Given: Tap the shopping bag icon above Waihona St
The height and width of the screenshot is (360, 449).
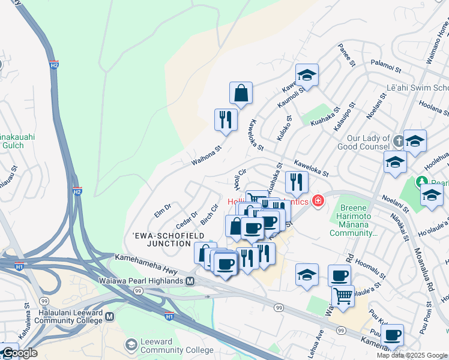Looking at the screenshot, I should tap(241, 94).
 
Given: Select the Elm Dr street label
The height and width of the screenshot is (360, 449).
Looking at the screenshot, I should tap(163, 209).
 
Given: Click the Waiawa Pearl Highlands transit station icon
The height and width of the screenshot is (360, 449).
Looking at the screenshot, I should tap(190, 281).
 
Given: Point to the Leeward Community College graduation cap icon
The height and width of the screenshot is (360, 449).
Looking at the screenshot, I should tap(131, 344).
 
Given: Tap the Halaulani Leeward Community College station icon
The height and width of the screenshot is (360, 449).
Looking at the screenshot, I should tap(109, 316).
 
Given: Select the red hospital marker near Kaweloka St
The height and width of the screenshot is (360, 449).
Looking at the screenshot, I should tap(318, 200).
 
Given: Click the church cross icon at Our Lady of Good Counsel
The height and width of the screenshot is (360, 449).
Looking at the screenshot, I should tap(399, 141).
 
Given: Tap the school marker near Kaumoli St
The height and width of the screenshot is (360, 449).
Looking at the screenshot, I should tap(307, 75).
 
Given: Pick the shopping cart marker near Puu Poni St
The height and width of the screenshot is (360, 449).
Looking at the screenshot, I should tap(343, 295).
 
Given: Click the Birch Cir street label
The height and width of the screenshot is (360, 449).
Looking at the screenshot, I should tap(209, 216).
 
